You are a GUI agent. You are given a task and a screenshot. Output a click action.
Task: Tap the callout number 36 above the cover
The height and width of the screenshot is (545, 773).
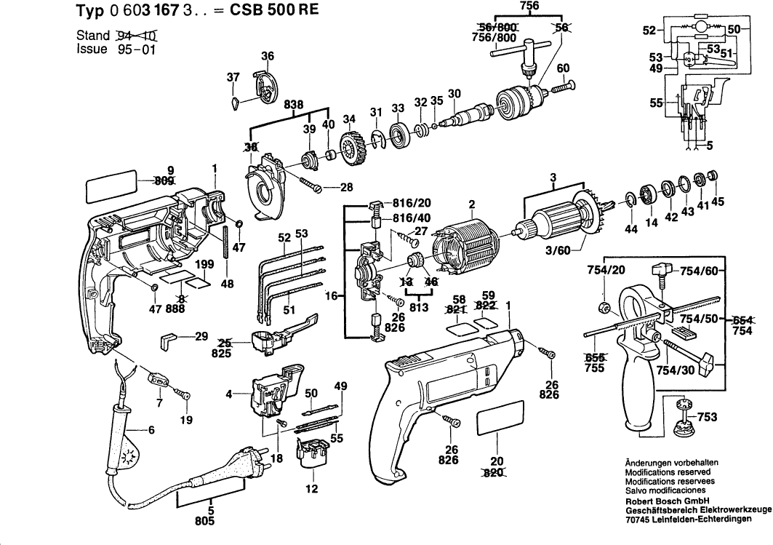pos(268,57)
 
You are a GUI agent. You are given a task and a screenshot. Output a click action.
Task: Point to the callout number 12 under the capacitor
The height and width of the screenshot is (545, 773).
pos(312,489)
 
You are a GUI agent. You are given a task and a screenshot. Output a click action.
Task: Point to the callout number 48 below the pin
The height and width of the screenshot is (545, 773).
pos(228,284)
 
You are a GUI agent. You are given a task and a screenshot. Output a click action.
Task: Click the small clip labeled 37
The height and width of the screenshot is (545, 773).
pos(234,102)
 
